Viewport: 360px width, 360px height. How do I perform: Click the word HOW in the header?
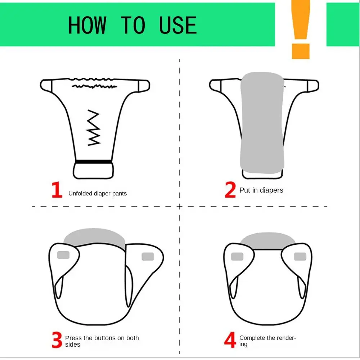tap(87, 25)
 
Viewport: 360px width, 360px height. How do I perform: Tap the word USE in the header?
tap(178, 25)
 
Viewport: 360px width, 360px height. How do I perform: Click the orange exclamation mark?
tap(300, 29)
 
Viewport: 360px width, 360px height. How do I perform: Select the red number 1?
tap(57, 191)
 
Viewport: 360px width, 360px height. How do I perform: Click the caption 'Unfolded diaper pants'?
tap(98, 194)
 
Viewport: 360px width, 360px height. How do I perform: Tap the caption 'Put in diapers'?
tap(261, 190)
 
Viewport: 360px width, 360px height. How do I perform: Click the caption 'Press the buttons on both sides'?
tap(102, 341)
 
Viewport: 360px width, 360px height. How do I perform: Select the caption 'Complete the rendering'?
tap(267, 341)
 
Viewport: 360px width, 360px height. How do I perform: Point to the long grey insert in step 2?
tap(261, 122)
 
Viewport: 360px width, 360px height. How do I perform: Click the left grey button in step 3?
tap(63, 255)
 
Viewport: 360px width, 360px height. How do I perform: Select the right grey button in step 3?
tap(148, 256)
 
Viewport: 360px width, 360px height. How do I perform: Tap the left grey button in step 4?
tap(237, 257)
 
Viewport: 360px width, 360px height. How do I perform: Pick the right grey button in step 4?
tap(300, 257)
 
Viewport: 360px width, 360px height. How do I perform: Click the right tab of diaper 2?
tap(312, 86)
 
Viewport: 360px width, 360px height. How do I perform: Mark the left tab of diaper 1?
tap(46, 86)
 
